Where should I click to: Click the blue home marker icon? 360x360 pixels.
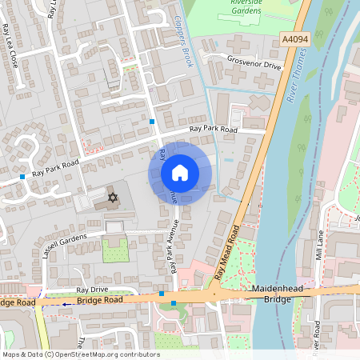click(180, 173)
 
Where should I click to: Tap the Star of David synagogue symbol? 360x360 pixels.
click(112, 197)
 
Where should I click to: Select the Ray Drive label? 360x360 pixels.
click(91, 290)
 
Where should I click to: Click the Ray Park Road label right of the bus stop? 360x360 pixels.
click(214, 129)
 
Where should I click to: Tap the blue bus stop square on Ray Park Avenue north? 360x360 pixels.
click(152, 122)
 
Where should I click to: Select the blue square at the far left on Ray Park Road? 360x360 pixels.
click(22, 176)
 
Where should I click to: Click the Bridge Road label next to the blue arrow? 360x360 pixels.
click(99, 300)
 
